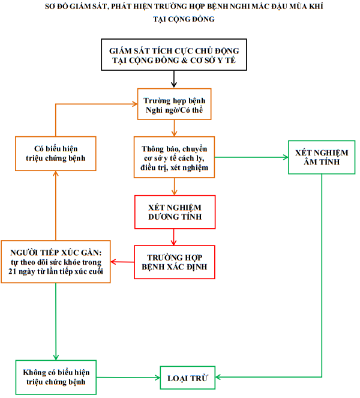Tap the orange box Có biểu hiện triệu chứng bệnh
(x=55, y=152)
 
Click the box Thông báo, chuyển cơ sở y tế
(x=174, y=157)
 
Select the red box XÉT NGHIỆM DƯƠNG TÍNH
(x=174, y=211)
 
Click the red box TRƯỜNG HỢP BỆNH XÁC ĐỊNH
(x=174, y=262)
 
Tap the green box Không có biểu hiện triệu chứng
(x=55, y=377)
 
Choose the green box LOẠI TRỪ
(x=187, y=378)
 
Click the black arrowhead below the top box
(x=174, y=85)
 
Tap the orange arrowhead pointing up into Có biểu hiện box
(x=55, y=172)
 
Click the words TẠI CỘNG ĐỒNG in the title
(x=179, y=19)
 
